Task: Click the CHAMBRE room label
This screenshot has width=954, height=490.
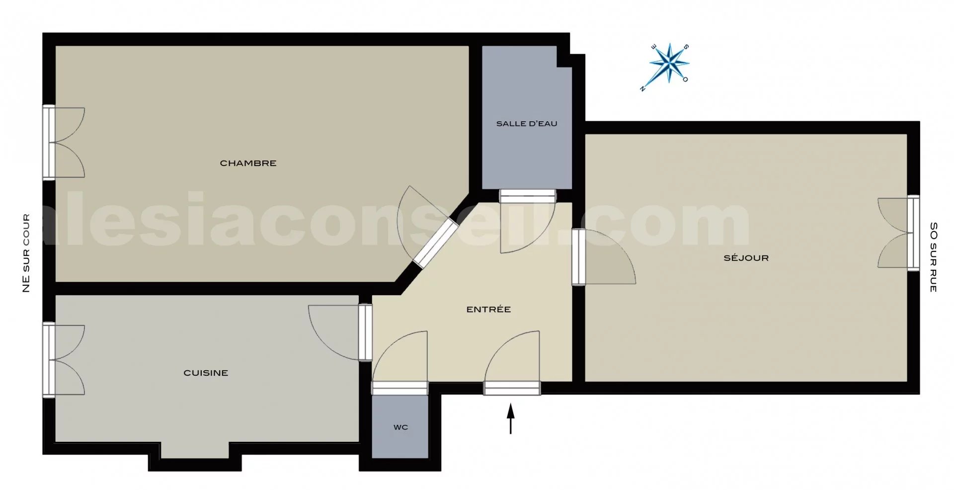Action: click(x=248, y=163)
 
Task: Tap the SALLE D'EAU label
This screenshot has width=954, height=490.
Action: click(x=527, y=124)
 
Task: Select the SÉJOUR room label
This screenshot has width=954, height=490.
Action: click(x=746, y=258)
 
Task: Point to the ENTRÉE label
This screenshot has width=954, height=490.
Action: click(x=488, y=309)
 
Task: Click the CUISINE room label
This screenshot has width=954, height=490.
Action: click(x=206, y=373)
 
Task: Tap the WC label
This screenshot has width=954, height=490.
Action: click(x=400, y=427)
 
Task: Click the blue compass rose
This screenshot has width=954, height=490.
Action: click(x=669, y=63)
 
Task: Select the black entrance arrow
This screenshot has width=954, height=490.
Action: click(x=510, y=419)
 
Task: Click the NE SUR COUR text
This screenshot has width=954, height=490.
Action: click(x=26, y=253)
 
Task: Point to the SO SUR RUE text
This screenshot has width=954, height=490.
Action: click(x=933, y=257)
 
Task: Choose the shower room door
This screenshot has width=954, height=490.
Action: click(x=527, y=221)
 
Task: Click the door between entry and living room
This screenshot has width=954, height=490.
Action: click(x=603, y=257)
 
